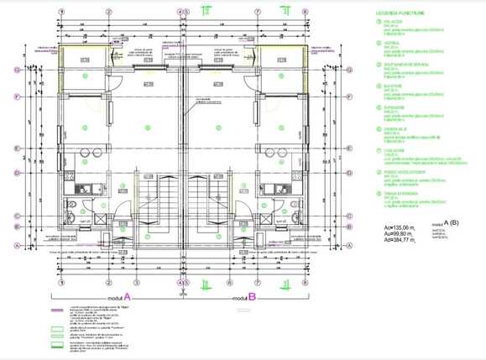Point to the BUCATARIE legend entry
[x=392, y=86]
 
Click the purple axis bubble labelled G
[x=18, y=70]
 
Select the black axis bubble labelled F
[x=18, y=96]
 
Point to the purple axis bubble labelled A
[x=18, y=245]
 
